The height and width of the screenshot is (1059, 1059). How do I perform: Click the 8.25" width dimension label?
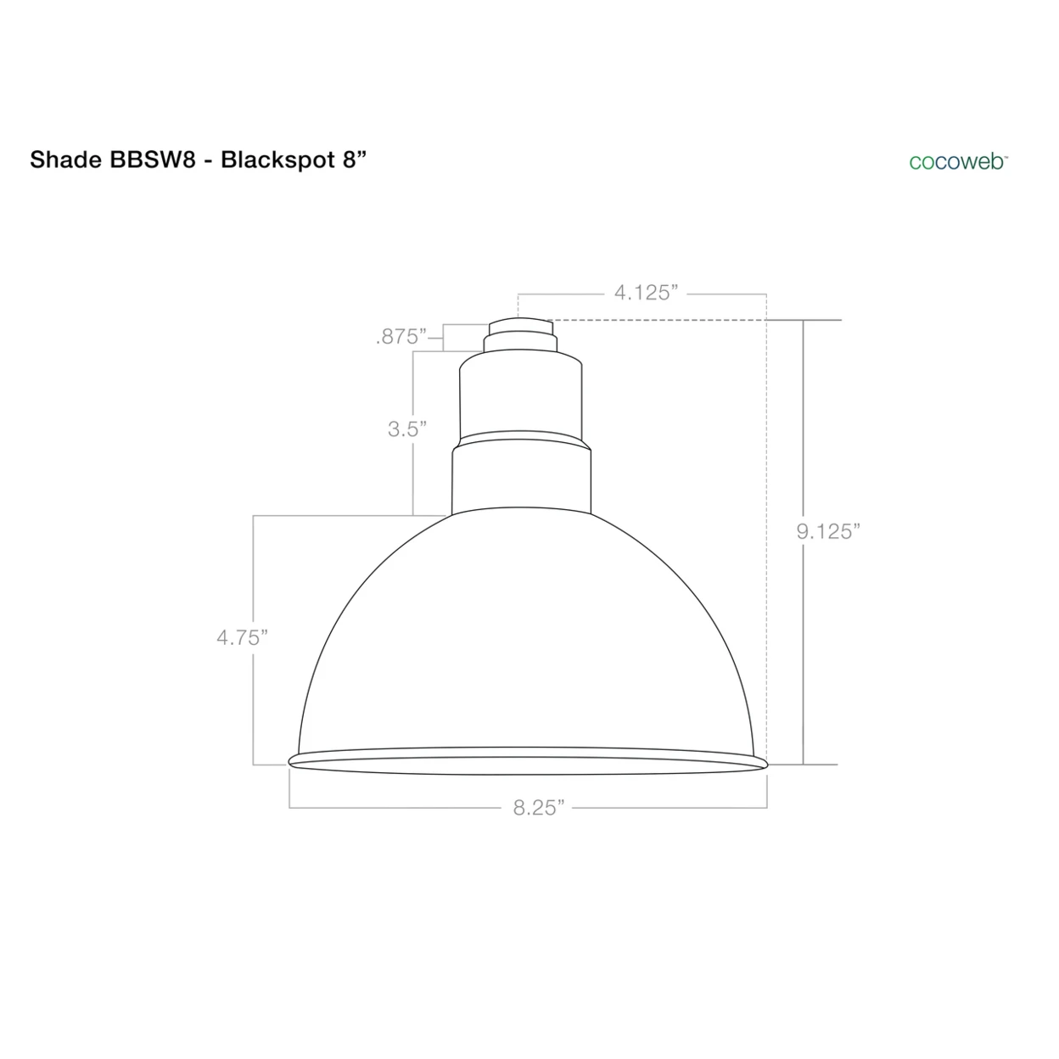pyautogui.click(x=538, y=807)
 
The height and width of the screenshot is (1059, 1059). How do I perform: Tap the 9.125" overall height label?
pyautogui.click(x=828, y=531)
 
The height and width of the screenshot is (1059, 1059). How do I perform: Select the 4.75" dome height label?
pyautogui.click(x=242, y=637)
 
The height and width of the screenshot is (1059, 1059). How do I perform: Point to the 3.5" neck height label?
pyautogui.click(x=406, y=429)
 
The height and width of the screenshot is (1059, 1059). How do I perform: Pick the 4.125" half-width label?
pyautogui.click(x=646, y=293)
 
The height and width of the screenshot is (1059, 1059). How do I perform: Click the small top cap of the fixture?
pyautogui.click(x=520, y=326)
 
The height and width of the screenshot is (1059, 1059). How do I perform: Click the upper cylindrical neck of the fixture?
pyautogui.click(x=520, y=397)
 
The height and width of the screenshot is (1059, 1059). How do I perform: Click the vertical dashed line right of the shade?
pyautogui.click(x=766, y=526)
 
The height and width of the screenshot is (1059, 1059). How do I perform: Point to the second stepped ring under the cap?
pyautogui.click(x=520, y=344)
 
